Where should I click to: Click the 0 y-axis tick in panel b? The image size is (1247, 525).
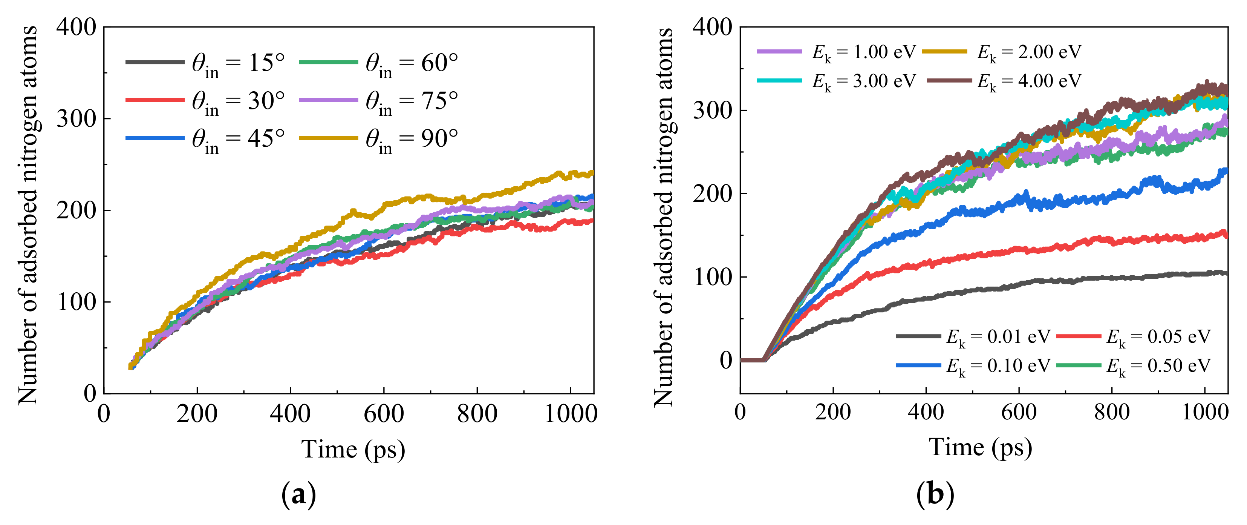(726, 360)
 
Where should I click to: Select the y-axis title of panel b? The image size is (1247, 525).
(664, 217)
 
